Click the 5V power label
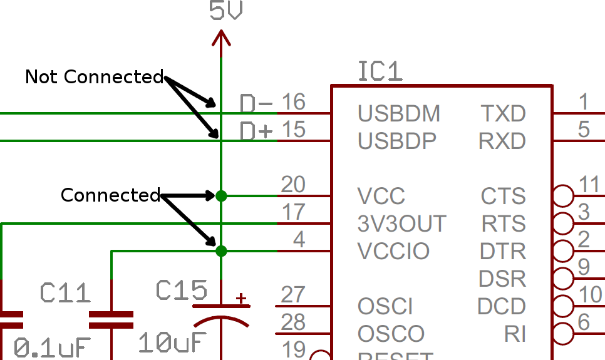226,12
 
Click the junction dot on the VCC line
221,196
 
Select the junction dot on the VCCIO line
221,251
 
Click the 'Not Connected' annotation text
94,77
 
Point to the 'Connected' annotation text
110,195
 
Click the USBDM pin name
399,114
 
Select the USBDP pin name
397,141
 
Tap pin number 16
293,101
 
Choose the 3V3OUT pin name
401,224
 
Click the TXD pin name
502,114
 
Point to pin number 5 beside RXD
584,130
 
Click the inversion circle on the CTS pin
564,196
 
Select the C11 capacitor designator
65,292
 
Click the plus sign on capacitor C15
240,298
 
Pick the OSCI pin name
385,307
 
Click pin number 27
293,294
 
